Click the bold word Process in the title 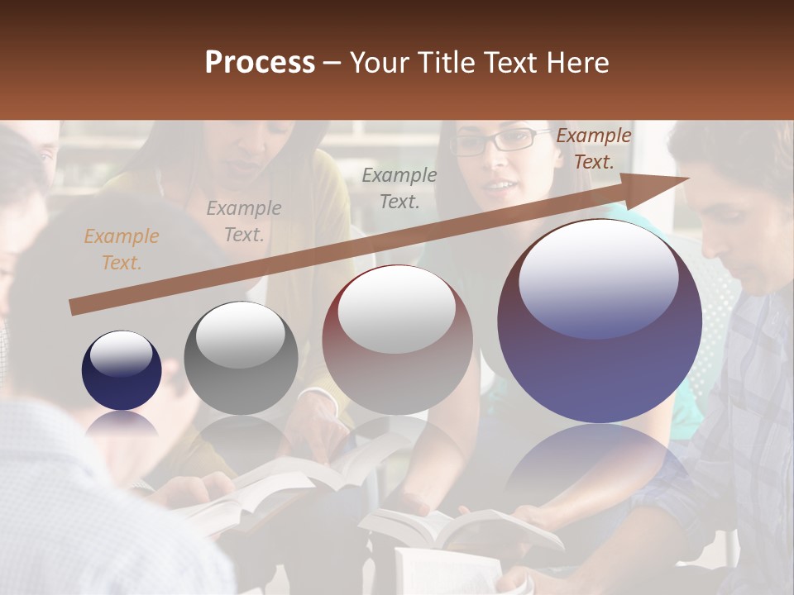coord(260,63)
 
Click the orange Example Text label coord(121,250)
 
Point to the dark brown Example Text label coord(593,149)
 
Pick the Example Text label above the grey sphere coord(243,221)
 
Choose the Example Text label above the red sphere coord(399,188)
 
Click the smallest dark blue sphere coord(122,371)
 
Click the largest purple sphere coord(600,322)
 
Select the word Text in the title coord(507,63)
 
